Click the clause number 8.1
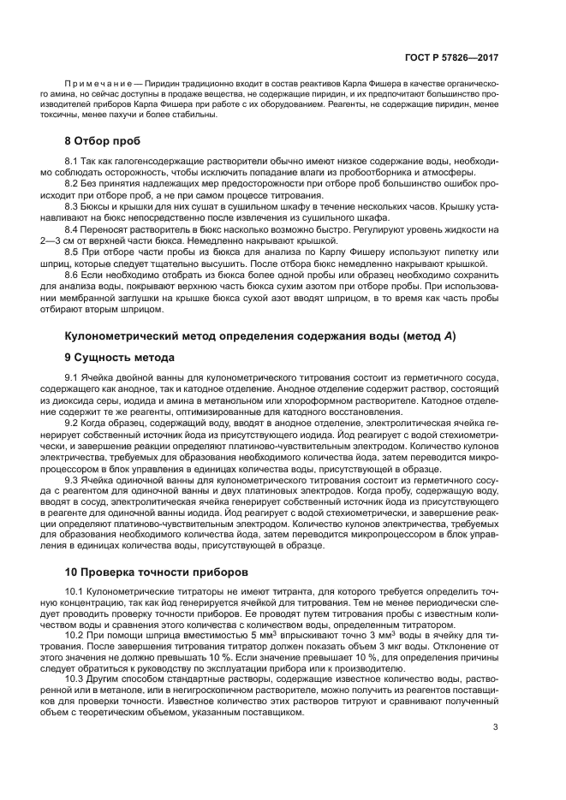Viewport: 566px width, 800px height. [73, 161]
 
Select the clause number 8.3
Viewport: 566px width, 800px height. [73, 207]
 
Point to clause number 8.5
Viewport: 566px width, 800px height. [73, 254]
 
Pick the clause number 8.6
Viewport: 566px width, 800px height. [73, 277]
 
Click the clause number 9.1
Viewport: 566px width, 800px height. [73, 377]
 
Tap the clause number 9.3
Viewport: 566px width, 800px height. [73, 480]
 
